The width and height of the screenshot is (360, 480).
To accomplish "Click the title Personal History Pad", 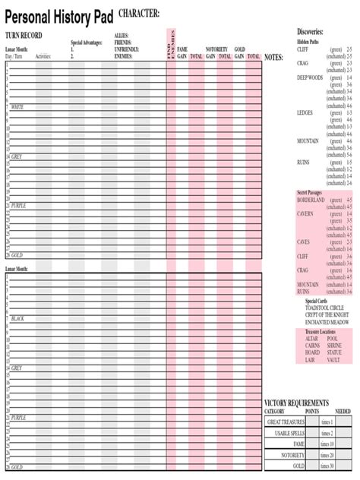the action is point(58,17).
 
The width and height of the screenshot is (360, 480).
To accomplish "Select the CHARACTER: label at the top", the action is point(139,14).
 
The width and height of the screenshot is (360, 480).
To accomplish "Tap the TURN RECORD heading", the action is point(24,35).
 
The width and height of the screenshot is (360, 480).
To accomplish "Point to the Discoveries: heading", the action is point(310,32).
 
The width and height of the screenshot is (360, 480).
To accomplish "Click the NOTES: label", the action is point(273,57).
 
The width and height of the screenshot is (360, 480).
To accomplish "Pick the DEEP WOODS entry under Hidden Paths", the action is point(310,77).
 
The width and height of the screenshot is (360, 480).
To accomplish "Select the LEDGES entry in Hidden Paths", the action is point(305,112).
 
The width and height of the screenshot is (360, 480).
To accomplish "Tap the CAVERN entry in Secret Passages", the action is point(305,213).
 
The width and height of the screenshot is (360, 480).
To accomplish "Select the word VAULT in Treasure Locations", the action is point(334,360).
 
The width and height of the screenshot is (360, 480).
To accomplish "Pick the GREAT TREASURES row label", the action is point(286,422).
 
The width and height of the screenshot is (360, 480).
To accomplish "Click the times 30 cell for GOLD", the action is point(327,466).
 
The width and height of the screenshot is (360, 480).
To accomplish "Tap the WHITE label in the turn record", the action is point(17,107).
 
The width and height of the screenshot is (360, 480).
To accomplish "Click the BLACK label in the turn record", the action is point(17,319).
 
